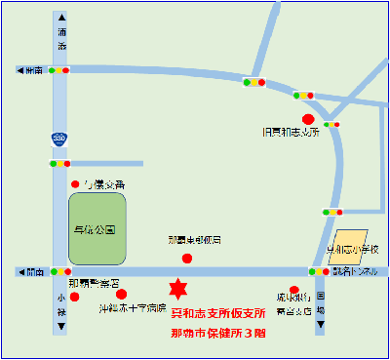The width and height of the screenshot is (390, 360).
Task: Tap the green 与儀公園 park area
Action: (x=97, y=228)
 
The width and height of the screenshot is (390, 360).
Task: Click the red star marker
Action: (x=177, y=290)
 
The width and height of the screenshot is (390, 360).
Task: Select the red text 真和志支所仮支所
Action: (x=218, y=313)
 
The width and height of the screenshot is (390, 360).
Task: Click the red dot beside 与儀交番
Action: (x=75, y=183)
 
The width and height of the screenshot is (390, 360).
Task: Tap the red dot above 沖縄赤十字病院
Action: (x=121, y=294)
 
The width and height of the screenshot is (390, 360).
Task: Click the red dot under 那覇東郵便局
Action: (x=188, y=258)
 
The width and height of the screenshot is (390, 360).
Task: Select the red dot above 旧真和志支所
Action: (x=308, y=118)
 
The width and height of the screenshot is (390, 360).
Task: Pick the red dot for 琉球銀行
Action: (x=294, y=290)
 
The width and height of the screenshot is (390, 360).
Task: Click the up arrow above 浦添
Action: (x=60, y=19)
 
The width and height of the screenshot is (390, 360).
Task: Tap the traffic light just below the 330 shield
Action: (x=60, y=164)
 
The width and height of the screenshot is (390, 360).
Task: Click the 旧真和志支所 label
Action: (x=291, y=131)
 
